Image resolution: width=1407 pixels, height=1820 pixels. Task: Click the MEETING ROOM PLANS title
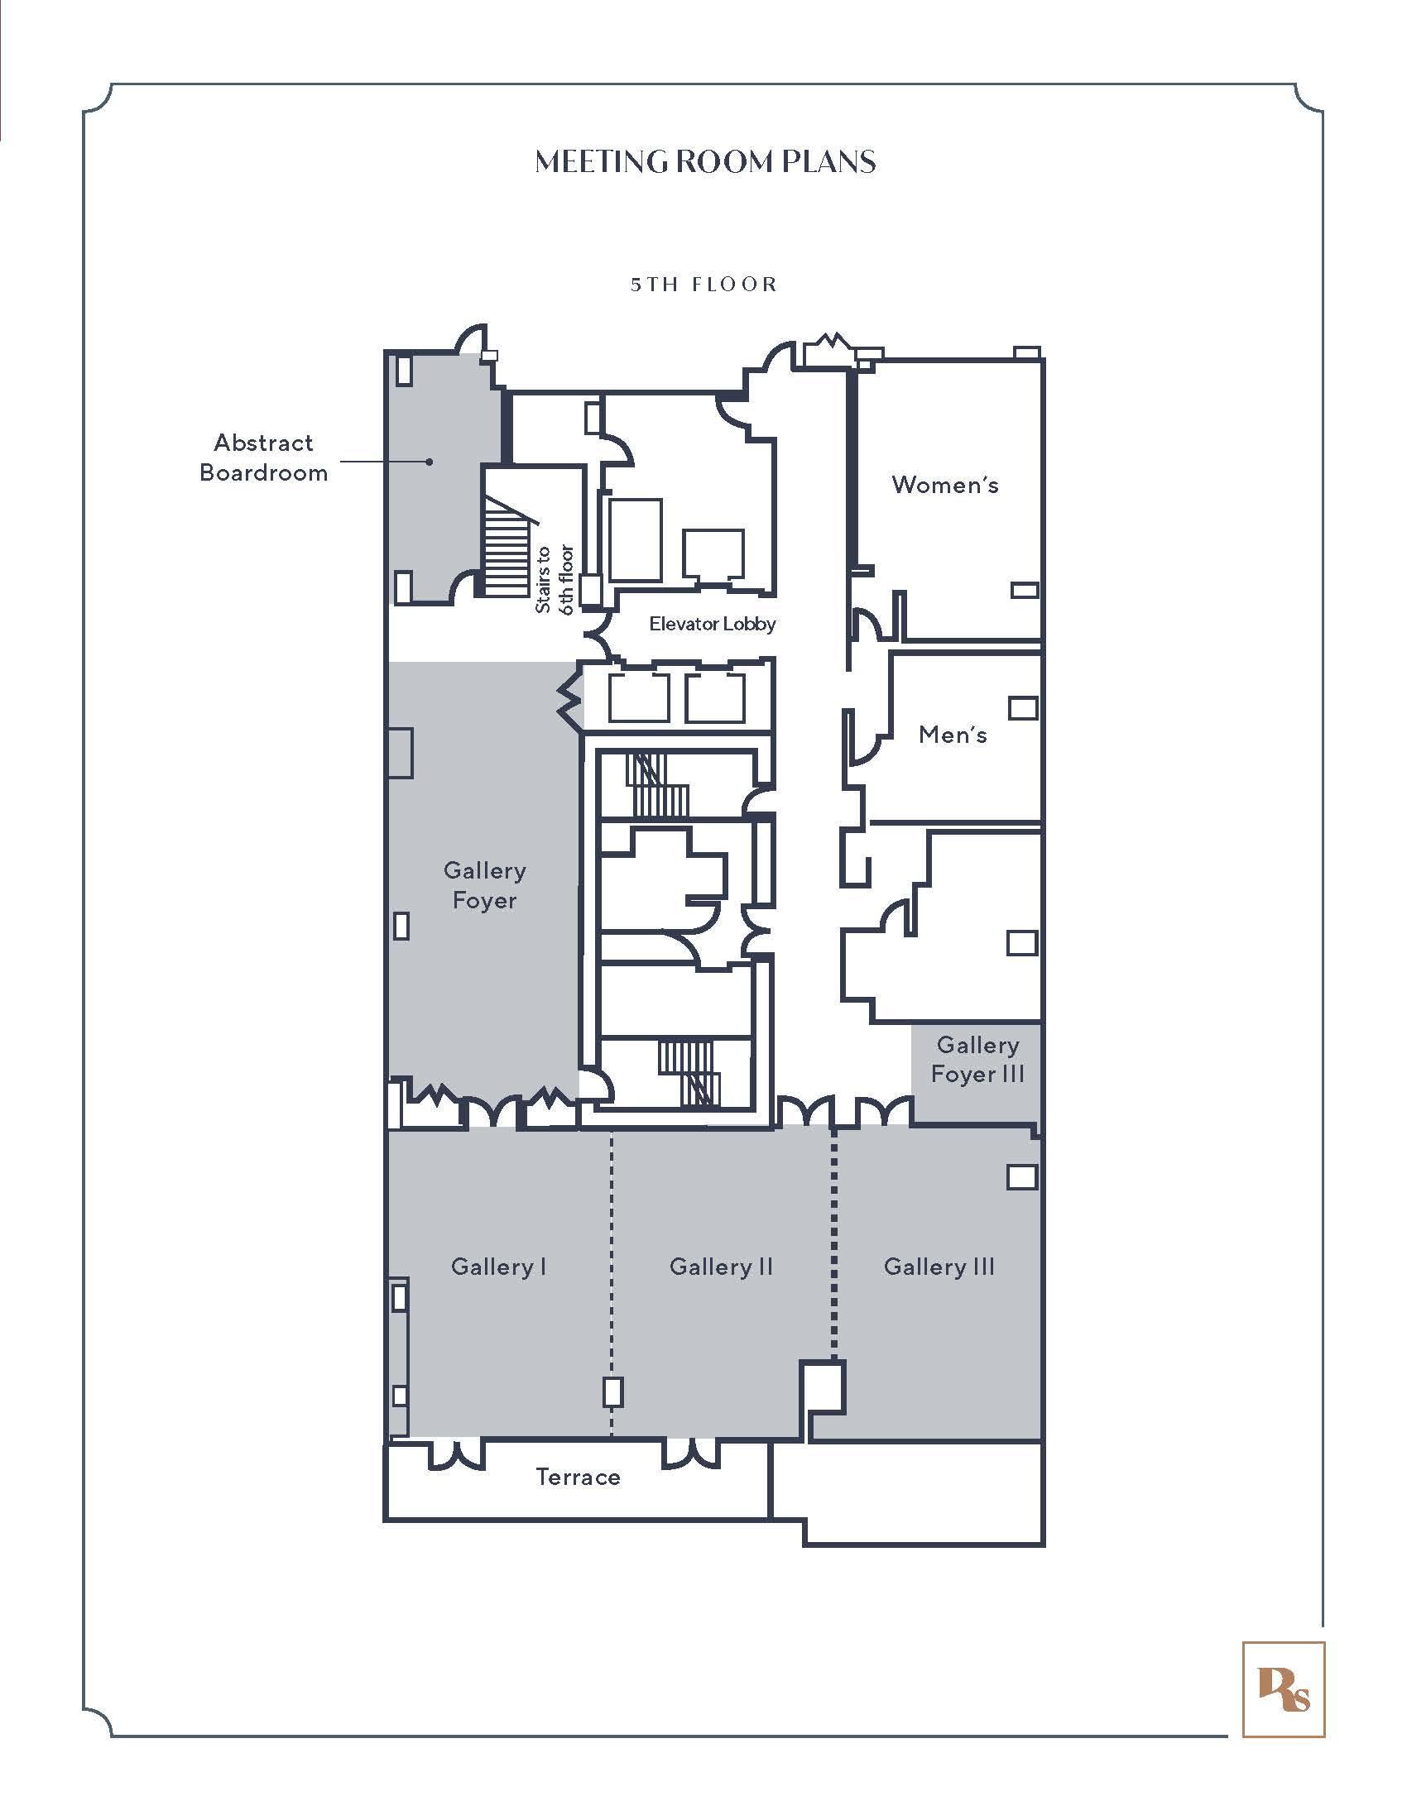tap(705, 161)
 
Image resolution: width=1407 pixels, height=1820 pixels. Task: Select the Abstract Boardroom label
tap(263, 457)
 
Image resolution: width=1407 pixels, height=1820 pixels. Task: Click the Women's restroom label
tap(944, 484)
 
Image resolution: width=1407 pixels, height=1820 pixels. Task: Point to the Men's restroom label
tap(953, 734)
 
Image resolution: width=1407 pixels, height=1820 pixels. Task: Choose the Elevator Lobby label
tap(713, 623)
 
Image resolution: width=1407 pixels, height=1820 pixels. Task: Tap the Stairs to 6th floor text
tap(555, 580)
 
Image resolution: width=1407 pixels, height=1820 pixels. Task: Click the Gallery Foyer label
tap(484, 885)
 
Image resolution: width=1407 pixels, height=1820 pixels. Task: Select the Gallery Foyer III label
tap(977, 1059)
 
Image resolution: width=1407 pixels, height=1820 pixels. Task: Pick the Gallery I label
tap(498, 1267)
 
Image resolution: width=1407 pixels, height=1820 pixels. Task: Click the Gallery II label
tap(721, 1267)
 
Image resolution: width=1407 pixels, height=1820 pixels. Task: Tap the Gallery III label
tap(939, 1267)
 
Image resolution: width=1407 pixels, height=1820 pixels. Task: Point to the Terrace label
tap(578, 1478)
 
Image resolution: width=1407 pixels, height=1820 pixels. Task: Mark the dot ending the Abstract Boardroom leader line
tap(430, 461)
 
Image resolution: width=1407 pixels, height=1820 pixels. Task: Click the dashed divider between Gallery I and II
tap(612, 1283)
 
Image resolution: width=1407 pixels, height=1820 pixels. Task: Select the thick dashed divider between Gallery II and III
tap(834, 1243)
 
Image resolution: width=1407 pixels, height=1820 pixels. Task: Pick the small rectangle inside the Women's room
tap(1025, 590)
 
